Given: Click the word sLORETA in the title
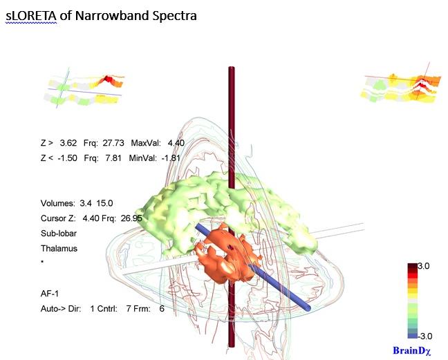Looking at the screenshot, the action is pos(31,16).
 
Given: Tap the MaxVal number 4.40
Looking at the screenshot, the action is pos(176,143).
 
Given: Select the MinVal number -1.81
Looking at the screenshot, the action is pos(171,158).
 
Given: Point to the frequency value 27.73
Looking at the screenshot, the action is pos(113,143).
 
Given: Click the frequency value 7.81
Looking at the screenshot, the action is pos(113,158).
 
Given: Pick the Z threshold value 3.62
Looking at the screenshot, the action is pos(68,143).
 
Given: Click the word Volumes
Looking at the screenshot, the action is pos(57,203).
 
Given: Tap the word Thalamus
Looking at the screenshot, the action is pos(59,248).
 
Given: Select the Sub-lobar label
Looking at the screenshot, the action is pos(59,234).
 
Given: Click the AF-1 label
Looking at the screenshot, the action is pos(50,294).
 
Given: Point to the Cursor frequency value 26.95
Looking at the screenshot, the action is pos(131,218).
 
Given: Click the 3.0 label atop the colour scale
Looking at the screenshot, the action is pos(423,266).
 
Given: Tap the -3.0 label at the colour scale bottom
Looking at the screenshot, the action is pos(424,337).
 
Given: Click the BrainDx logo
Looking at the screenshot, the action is pos(412,350).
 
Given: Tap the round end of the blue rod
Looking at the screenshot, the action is pos(308,308).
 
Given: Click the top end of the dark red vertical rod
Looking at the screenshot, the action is pos(232,68).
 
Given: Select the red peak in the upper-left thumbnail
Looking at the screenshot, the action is pos(108,78).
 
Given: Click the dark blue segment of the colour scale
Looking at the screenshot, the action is pos(413,336).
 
